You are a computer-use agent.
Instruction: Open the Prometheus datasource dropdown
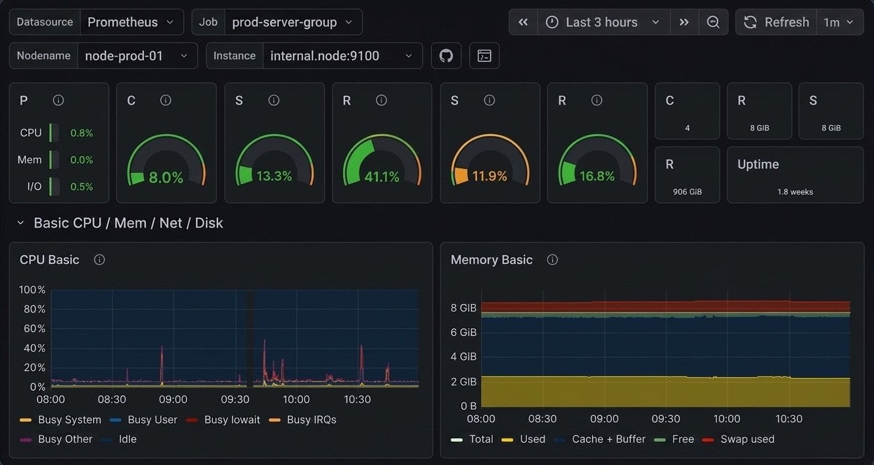131,22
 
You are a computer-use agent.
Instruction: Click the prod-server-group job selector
292,22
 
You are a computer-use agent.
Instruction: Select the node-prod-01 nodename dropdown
137,56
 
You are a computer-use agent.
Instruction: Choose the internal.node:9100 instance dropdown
342,56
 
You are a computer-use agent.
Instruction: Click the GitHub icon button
446,56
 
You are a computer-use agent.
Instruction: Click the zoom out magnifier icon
713,22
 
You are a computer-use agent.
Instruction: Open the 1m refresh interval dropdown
839,22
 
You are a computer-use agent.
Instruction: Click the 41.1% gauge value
382,177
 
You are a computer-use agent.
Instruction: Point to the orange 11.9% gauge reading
490,176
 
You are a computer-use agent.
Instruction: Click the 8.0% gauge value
166,178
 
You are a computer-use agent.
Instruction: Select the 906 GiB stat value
687,192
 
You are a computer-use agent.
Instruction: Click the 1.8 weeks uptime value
795,192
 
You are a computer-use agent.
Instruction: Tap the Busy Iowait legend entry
231,420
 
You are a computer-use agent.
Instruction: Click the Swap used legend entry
747,439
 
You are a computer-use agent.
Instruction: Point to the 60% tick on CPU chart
32,328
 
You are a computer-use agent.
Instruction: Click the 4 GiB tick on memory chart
463,356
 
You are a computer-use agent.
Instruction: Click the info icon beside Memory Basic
553,260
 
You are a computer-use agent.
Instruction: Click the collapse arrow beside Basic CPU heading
21,223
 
